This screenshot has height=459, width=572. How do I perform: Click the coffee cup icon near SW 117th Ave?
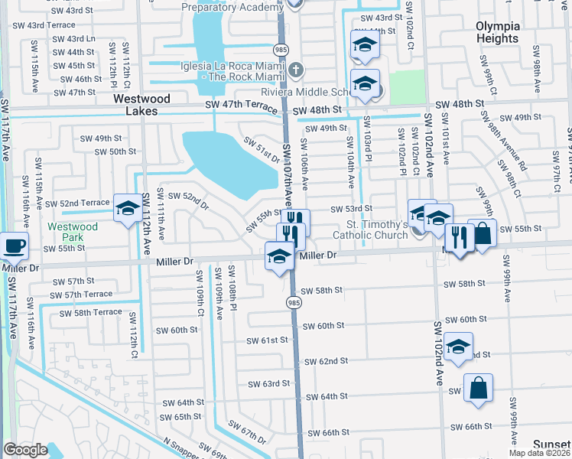14,246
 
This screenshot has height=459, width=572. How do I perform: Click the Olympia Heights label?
497,32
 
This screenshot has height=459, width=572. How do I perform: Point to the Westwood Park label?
73,233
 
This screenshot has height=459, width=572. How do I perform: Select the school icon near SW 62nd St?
458,347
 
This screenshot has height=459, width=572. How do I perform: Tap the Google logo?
26,450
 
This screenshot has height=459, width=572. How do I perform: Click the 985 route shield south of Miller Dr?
294,303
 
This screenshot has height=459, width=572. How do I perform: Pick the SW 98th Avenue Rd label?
503,142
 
